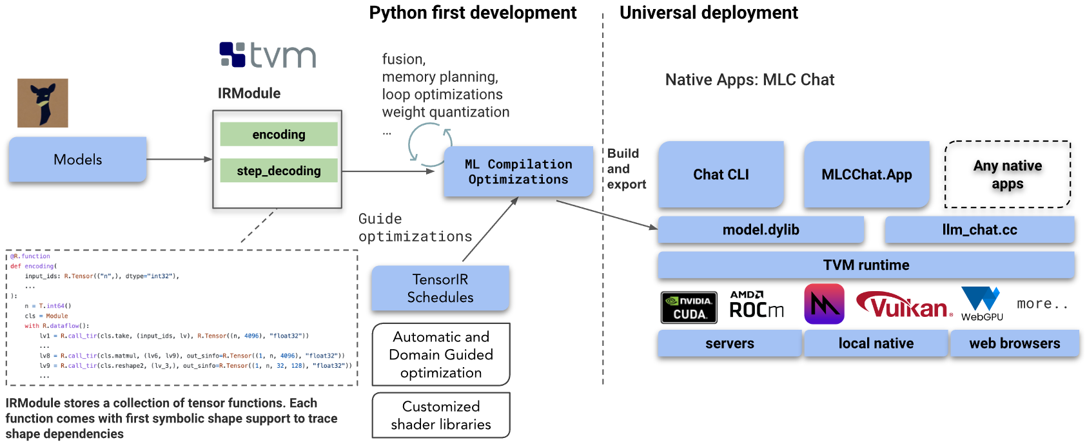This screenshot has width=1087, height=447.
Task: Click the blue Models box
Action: pos(77,160)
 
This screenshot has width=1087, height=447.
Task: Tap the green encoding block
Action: pos(279,135)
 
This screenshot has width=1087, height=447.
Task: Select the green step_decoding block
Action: pos(279,171)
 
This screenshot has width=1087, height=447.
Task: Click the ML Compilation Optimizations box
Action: pos(518,171)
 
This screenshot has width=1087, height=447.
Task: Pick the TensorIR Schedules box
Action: pos(440,288)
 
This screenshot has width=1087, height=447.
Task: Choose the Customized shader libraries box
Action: pos(441,415)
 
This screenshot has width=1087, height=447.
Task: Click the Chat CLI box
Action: pos(721,175)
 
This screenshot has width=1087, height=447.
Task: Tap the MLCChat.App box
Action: pos(867,175)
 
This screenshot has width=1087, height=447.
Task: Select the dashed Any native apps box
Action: pos(1008,175)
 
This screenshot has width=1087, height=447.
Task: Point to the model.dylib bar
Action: pos(761,230)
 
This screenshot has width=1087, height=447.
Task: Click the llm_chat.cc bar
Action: pos(980,230)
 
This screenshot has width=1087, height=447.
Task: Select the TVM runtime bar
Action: pos(867,265)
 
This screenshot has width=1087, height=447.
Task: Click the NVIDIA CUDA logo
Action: pos(689,307)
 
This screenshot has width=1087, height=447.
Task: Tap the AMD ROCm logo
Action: pos(756,305)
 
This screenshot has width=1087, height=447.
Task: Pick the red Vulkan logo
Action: pos(903,305)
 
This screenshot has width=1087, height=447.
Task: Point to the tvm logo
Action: pos(268,55)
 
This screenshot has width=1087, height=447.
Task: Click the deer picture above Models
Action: pos(43,103)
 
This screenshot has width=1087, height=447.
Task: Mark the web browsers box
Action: pos(1015,344)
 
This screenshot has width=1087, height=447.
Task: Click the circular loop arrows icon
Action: pos(431,144)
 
